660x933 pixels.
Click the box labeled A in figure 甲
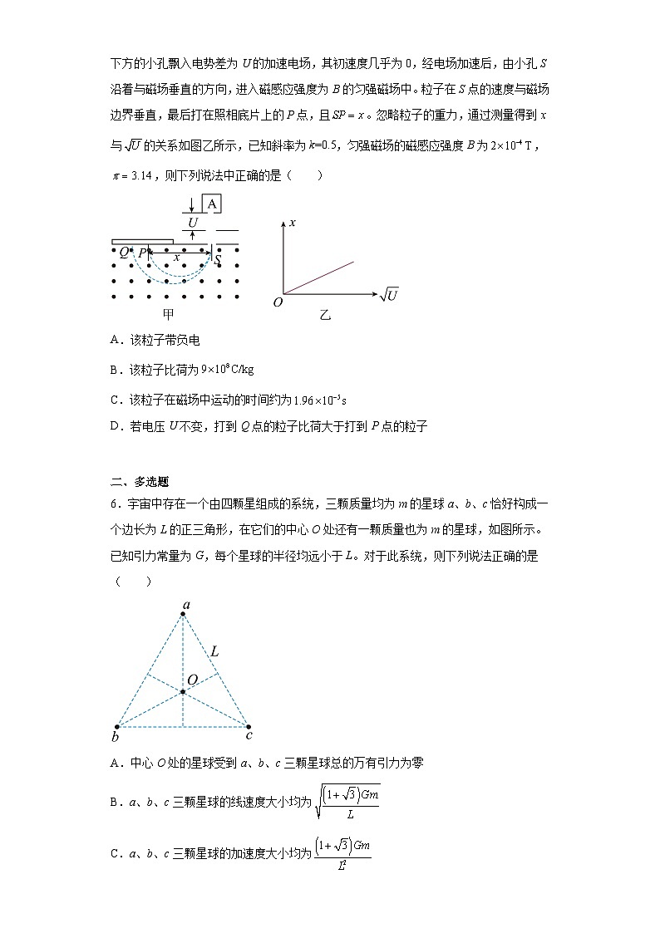pos(212,204)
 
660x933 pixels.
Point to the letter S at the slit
pos(218,260)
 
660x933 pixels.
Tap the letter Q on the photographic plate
pos(124,253)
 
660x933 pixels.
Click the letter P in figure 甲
pos(142,253)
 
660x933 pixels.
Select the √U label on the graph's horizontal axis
pos(388,294)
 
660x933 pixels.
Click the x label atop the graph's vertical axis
pos(293,223)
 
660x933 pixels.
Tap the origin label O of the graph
pos(278,302)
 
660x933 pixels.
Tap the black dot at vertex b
pos(116,726)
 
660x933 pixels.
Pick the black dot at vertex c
pos(249,725)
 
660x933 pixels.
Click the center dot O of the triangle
pos(183,690)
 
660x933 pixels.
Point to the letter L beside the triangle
pos(214,652)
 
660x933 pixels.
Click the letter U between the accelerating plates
pos(193,223)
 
